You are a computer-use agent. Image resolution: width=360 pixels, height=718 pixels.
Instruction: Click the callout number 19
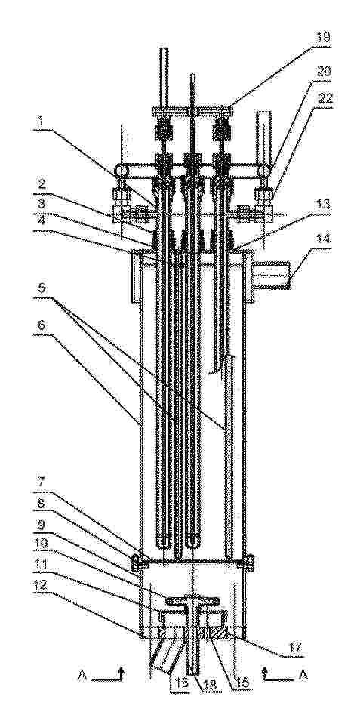coord(323,37)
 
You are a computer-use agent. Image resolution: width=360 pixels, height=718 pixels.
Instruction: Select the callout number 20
coord(323,72)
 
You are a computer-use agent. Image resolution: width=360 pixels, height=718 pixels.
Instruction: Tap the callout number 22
coord(323,98)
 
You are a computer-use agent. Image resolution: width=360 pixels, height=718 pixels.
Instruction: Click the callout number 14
coord(322,240)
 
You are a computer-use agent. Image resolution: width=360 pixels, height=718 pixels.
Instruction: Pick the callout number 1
coord(41,122)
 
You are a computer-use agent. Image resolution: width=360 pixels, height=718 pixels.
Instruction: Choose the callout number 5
coord(42,288)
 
